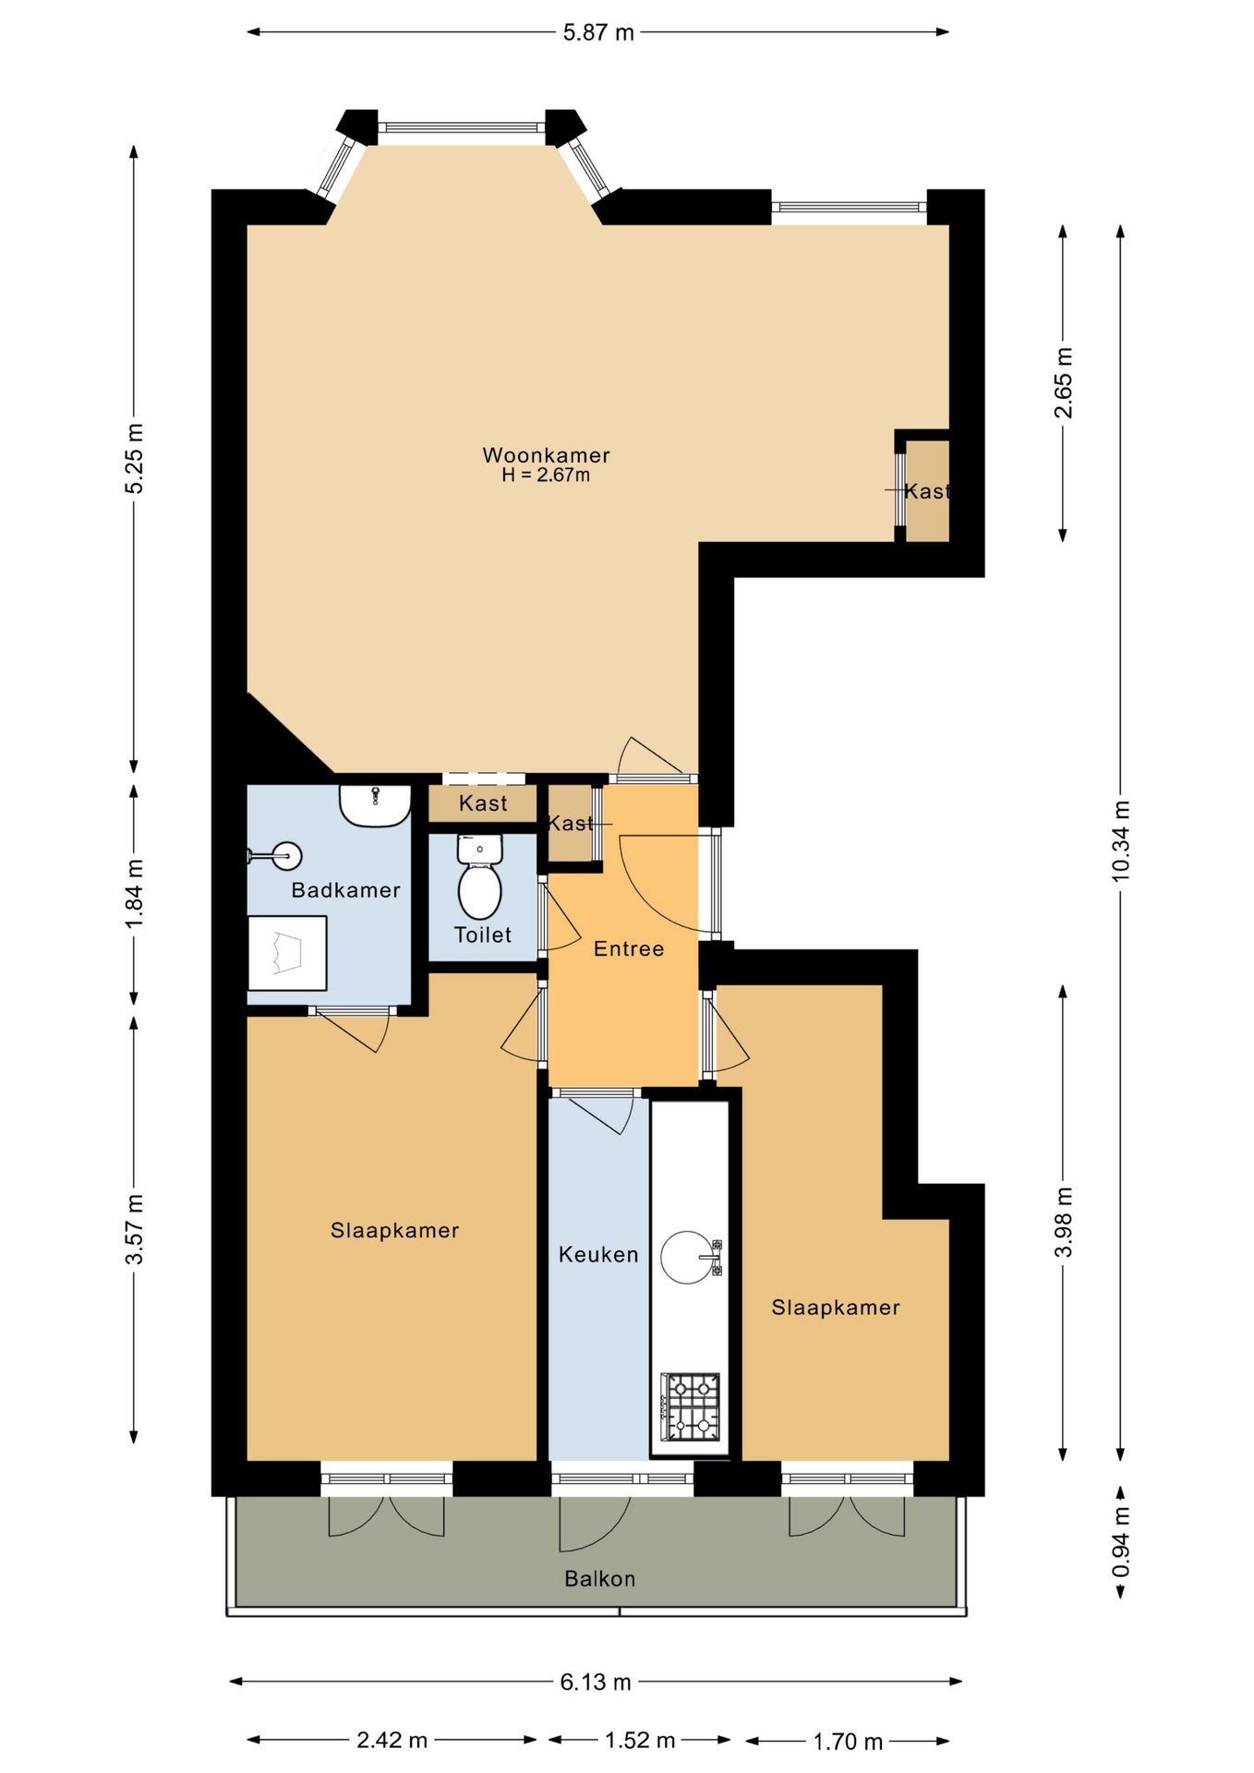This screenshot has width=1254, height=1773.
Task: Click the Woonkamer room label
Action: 546,454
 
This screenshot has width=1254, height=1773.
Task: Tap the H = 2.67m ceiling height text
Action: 546,476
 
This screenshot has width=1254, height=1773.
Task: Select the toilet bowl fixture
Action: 479,877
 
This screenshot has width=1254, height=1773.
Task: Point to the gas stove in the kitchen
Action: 691,1406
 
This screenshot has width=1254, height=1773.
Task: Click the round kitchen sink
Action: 689,1257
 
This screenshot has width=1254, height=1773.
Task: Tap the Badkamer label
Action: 345,890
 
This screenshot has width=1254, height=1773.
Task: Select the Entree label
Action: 629,948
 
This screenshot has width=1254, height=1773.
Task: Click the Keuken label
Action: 598,1254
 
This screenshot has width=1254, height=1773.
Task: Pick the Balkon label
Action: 600,1578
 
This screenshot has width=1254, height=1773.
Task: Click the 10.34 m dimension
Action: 1120,840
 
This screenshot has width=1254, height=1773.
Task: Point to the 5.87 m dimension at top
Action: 598,32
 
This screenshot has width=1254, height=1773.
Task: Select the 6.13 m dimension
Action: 596,1682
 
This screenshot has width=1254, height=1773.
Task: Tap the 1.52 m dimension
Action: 640,1741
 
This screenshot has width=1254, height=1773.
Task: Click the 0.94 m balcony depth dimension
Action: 1120,1542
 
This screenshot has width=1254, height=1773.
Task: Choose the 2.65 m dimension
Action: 1064,382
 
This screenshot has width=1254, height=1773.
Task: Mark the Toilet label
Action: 483,935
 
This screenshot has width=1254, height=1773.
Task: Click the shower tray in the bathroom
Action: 287,952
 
